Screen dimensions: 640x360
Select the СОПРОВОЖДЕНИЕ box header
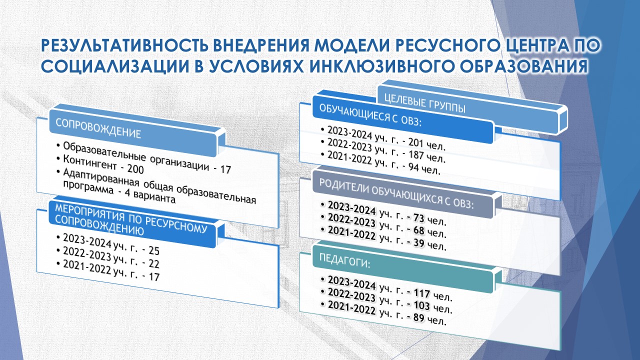(x=98, y=128)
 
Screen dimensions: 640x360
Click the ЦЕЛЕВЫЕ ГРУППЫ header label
(x=425, y=103)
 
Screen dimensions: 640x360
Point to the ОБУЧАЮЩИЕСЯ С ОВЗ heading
(x=370, y=115)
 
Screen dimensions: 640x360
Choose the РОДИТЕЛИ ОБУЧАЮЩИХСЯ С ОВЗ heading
(x=396, y=193)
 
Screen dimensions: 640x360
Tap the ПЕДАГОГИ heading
(x=344, y=260)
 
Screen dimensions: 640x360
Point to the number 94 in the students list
(x=413, y=166)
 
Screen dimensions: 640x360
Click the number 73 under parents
(x=418, y=218)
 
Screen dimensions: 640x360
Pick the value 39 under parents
(x=418, y=243)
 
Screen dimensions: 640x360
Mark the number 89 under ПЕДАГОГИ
(x=419, y=317)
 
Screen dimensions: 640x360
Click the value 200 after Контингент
(x=135, y=169)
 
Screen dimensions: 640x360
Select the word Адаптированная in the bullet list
(x=101, y=178)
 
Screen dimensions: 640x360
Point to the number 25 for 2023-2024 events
(x=154, y=250)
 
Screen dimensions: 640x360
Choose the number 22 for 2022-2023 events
(x=154, y=263)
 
